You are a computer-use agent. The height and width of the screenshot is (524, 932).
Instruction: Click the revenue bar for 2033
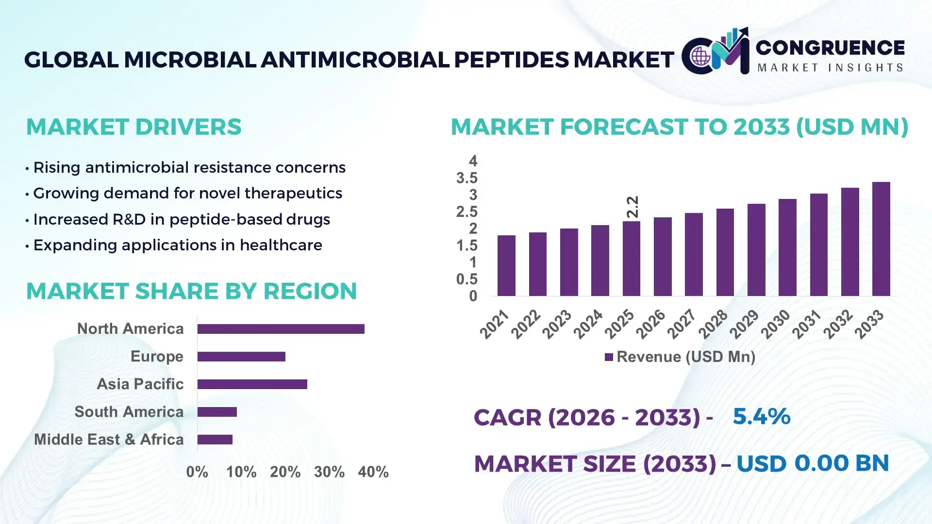(x=881, y=239)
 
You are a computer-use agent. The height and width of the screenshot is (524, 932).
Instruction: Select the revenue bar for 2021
(x=506, y=265)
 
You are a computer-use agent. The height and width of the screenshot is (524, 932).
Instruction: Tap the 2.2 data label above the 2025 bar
(x=632, y=207)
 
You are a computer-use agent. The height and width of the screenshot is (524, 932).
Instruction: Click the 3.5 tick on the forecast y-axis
(x=466, y=178)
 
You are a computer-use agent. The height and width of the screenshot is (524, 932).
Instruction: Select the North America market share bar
(x=281, y=329)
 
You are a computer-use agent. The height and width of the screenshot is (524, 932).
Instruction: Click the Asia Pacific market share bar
(x=252, y=384)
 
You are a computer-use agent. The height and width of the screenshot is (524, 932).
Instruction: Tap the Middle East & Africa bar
(x=215, y=440)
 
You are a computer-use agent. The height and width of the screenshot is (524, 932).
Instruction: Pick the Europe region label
(x=157, y=357)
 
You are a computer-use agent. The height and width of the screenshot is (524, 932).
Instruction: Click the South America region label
(x=129, y=412)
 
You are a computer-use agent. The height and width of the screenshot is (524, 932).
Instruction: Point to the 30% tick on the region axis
(x=329, y=472)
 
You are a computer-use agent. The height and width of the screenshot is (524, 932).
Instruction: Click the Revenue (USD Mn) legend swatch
(x=609, y=357)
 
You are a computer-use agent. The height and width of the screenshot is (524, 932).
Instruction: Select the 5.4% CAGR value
(x=761, y=416)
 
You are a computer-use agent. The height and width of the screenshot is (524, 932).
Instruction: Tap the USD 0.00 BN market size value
(x=813, y=463)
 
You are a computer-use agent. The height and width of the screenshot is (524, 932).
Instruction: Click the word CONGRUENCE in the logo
(x=830, y=48)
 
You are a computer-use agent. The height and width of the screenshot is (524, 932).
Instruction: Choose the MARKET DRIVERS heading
(x=133, y=127)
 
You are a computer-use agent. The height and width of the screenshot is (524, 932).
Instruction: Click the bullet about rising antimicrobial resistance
(x=189, y=167)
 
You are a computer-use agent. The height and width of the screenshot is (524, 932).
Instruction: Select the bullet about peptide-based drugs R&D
(x=181, y=219)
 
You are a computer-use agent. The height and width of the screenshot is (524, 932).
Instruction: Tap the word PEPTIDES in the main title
(x=511, y=60)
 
